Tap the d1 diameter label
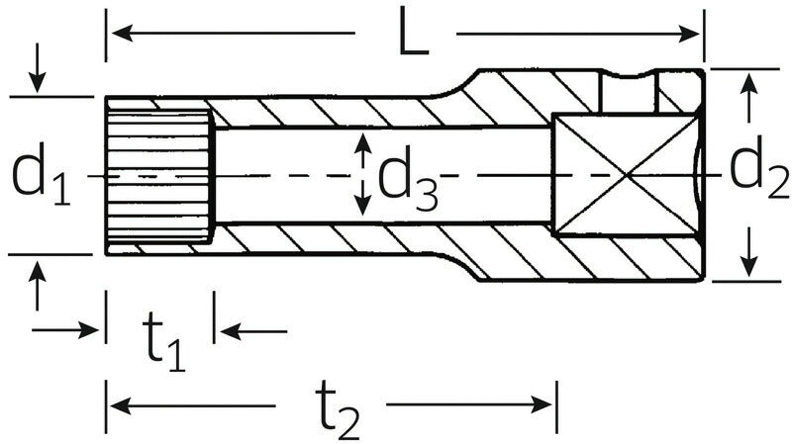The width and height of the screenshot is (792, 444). (42, 176)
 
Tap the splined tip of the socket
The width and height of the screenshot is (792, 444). (158, 175)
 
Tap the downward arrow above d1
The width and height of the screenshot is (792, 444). (38, 82)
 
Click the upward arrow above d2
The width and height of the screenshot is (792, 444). (749, 85)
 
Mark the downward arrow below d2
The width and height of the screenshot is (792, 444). (749, 265)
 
